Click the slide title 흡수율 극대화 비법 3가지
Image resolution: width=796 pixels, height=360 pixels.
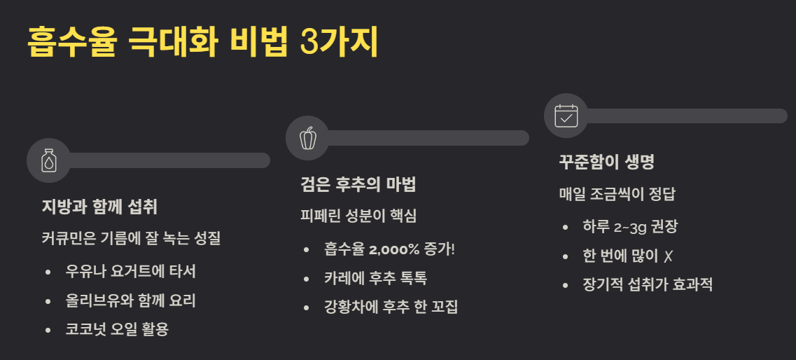pyautogui.click(x=203, y=43)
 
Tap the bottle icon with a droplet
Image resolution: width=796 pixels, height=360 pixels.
pyautogui.click(x=49, y=160)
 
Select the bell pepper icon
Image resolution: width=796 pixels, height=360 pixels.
pyautogui.click(x=307, y=138)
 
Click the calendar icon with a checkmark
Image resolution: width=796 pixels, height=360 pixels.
pyautogui.click(x=566, y=116)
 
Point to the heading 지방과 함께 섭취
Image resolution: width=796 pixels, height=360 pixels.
pyautogui.click(x=99, y=207)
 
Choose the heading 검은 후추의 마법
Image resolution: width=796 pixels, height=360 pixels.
pyautogui.click(x=358, y=185)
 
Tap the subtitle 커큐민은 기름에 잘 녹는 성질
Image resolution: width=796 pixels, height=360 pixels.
pyautogui.click(x=131, y=238)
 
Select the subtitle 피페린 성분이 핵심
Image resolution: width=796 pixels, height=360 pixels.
pyautogui.click(x=358, y=216)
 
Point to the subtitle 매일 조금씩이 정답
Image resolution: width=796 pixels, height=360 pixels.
pyautogui.click(x=617, y=194)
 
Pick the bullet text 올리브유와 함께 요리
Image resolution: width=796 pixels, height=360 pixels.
pyautogui.click(x=130, y=300)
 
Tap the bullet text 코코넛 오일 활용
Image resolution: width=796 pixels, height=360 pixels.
pyautogui.click(x=117, y=329)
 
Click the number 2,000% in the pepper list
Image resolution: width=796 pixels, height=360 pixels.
pyautogui.click(x=396, y=249)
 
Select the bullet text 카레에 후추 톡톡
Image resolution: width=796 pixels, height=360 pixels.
pyautogui.click(x=375, y=278)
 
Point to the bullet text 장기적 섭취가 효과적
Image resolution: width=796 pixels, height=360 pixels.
pyautogui.click(x=648, y=285)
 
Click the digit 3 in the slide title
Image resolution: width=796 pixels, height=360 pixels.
pyautogui.click(x=307, y=43)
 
